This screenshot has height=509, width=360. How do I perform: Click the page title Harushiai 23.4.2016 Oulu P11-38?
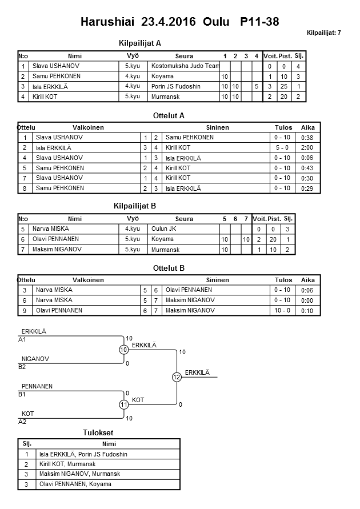[x=180, y=22]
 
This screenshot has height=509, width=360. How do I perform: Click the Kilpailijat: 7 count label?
[x=323, y=33]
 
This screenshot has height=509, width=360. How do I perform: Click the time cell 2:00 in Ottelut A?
[x=307, y=147]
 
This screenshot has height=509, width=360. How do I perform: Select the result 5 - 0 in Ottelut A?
[x=282, y=147]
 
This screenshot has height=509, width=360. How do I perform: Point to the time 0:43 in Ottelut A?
[x=307, y=168]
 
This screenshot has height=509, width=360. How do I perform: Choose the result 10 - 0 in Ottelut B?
[x=282, y=311]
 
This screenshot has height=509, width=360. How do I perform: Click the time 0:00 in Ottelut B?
[x=307, y=300]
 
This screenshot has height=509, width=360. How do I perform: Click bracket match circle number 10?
[x=124, y=350]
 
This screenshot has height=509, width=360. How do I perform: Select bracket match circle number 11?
[x=124, y=404]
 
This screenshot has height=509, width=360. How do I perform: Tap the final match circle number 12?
[x=177, y=377]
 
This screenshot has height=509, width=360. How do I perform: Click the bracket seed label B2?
[x=22, y=367]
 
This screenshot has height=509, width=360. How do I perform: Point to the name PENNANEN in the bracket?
[x=37, y=387]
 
